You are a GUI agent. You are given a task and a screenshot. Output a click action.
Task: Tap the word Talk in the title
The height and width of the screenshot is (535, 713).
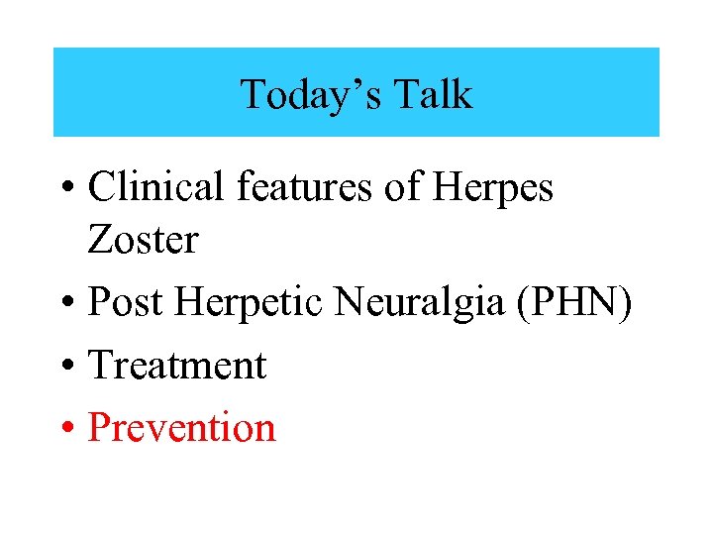433,95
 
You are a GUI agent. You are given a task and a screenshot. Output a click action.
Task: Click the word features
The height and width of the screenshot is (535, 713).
308,187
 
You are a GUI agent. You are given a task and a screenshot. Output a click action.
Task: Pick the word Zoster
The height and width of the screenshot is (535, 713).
143,239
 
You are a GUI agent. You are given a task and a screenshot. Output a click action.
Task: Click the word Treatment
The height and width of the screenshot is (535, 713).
177,366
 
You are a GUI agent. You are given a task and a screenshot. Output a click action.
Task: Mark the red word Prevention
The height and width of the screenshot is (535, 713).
181,427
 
